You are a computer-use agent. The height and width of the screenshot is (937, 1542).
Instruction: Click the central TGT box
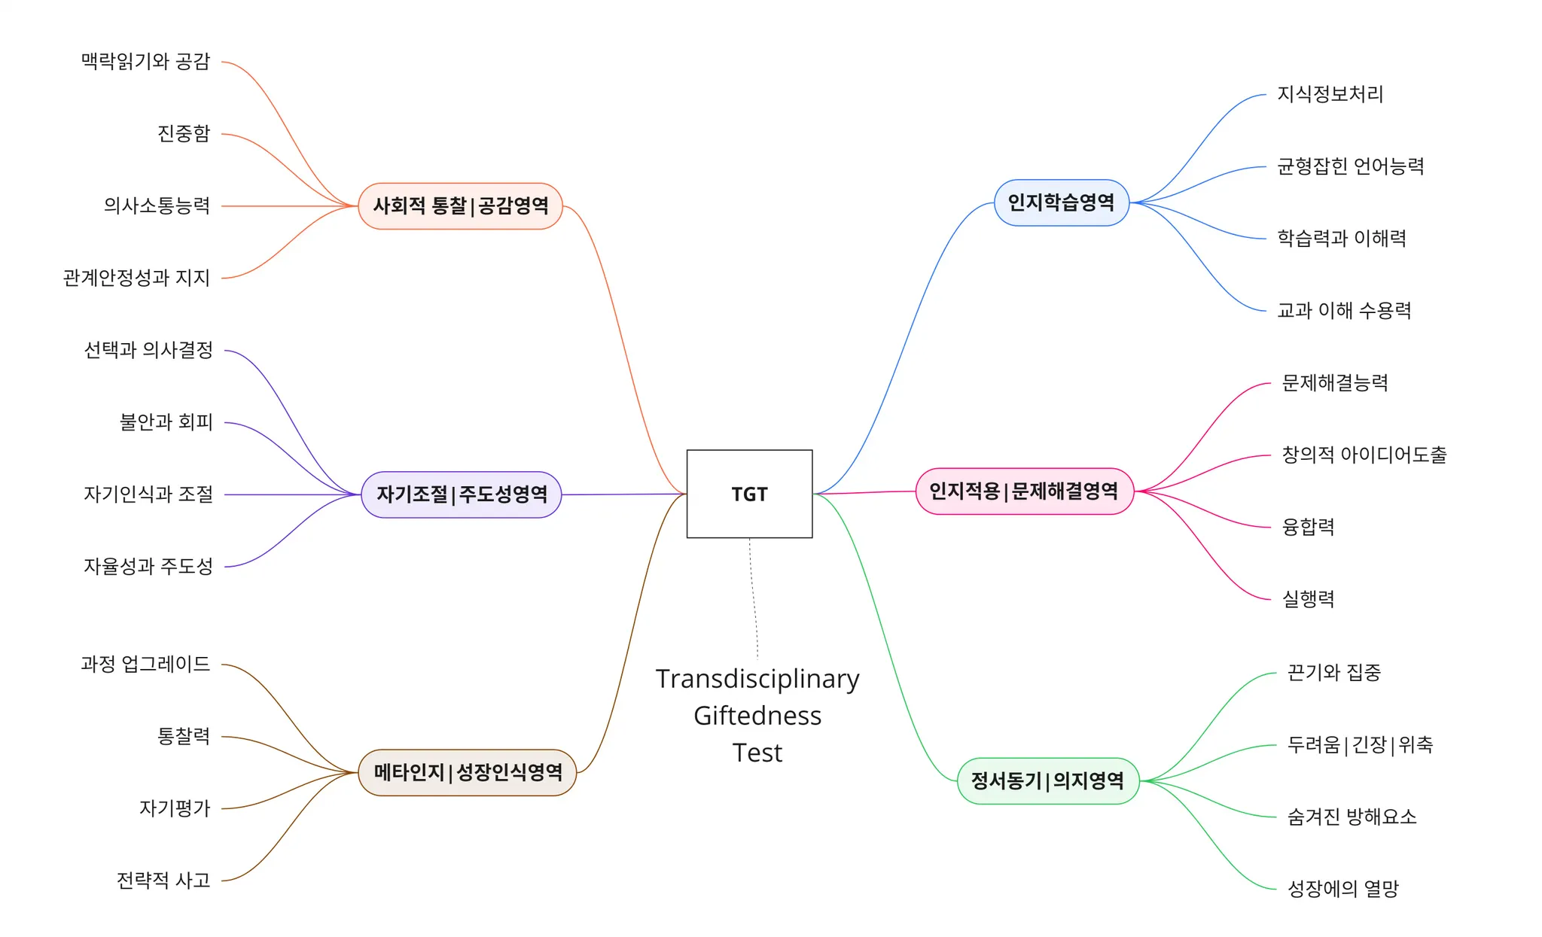click(749, 494)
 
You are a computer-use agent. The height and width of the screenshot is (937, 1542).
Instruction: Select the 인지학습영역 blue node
click(1061, 202)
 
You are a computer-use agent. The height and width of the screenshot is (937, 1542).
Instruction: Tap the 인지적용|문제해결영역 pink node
click(1024, 491)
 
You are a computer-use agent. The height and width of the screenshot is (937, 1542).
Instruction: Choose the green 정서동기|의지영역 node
click(1047, 780)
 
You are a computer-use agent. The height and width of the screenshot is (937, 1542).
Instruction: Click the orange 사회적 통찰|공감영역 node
click(461, 205)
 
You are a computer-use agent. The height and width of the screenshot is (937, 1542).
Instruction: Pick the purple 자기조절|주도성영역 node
click(462, 494)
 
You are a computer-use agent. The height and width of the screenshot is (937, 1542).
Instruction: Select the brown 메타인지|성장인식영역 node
click(468, 772)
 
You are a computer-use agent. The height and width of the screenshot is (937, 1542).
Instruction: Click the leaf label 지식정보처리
click(1330, 94)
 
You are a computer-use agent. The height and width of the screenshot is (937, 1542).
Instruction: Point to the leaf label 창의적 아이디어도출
click(1364, 455)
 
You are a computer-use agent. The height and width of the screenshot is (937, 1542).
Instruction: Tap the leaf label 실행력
click(1308, 599)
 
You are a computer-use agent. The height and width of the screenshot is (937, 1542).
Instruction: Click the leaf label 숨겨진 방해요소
click(1352, 817)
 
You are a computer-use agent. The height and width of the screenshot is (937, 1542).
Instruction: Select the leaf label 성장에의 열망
click(1342, 889)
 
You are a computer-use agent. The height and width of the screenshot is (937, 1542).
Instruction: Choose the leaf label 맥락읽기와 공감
click(145, 61)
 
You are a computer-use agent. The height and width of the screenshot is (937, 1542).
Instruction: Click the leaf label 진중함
click(183, 133)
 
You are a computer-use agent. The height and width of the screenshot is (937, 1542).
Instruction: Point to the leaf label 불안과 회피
click(166, 422)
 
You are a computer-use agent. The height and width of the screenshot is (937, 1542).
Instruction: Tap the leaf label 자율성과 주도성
click(148, 566)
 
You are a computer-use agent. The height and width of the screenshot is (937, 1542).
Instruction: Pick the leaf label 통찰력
click(183, 736)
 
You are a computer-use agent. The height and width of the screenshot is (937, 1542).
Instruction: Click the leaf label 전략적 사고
click(163, 881)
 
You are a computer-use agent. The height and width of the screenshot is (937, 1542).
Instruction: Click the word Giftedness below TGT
click(757, 716)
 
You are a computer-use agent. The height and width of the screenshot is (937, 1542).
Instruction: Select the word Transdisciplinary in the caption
click(757, 679)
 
